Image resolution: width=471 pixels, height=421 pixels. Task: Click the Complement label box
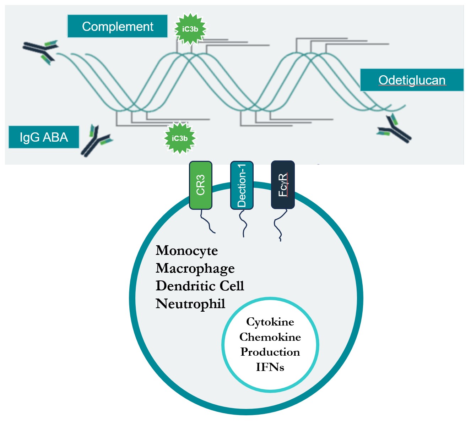click(117, 26)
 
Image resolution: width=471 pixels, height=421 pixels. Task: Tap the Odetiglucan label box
click(412, 80)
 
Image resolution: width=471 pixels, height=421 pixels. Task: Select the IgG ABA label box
click(44, 137)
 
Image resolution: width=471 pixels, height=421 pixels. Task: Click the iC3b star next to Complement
click(190, 29)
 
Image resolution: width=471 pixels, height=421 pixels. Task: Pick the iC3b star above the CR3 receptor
click(180, 138)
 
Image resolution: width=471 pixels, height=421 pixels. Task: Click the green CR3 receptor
click(201, 185)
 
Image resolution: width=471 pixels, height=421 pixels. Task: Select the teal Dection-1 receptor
click(242, 185)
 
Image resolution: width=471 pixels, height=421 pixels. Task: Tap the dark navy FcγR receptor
click(283, 185)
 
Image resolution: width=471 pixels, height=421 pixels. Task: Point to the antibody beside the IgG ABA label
click(95, 141)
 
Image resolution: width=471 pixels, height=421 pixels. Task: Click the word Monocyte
click(186, 251)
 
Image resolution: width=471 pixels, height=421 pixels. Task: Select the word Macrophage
click(195, 268)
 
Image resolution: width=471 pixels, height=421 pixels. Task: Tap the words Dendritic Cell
click(200, 286)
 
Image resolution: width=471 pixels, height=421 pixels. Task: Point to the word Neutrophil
click(190, 304)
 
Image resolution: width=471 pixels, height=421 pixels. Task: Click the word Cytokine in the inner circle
click(270, 322)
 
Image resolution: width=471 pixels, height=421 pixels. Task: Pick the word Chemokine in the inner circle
click(270, 337)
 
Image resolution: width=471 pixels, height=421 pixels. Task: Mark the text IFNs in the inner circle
click(270, 367)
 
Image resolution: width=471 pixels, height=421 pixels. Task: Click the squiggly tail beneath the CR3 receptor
click(207, 222)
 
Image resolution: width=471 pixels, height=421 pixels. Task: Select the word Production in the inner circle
click(270, 352)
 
